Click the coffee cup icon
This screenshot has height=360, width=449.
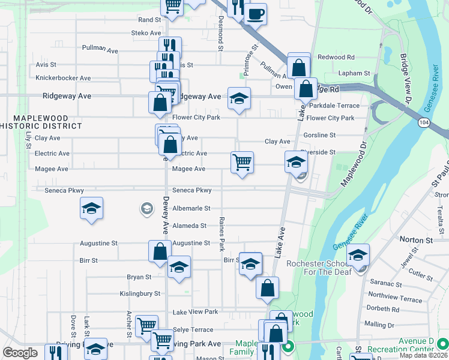click(x=255, y=13)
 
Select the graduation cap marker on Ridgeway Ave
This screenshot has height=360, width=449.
click(x=239, y=98)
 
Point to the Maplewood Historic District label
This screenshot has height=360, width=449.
click(x=41, y=122)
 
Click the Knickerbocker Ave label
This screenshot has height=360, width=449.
click(x=63, y=78)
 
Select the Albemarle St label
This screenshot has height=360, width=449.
click(x=191, y=208)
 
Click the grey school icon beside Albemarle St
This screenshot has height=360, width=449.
click(x=146, y=208)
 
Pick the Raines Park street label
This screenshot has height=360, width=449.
click(x=221, y=234)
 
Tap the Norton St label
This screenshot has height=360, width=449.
click(x=417, y=240)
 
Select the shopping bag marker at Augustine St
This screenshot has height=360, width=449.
click(x=160, y=251)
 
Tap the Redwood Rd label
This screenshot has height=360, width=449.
click(x=336, y=58)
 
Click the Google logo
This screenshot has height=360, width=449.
click(x=20, y=353)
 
